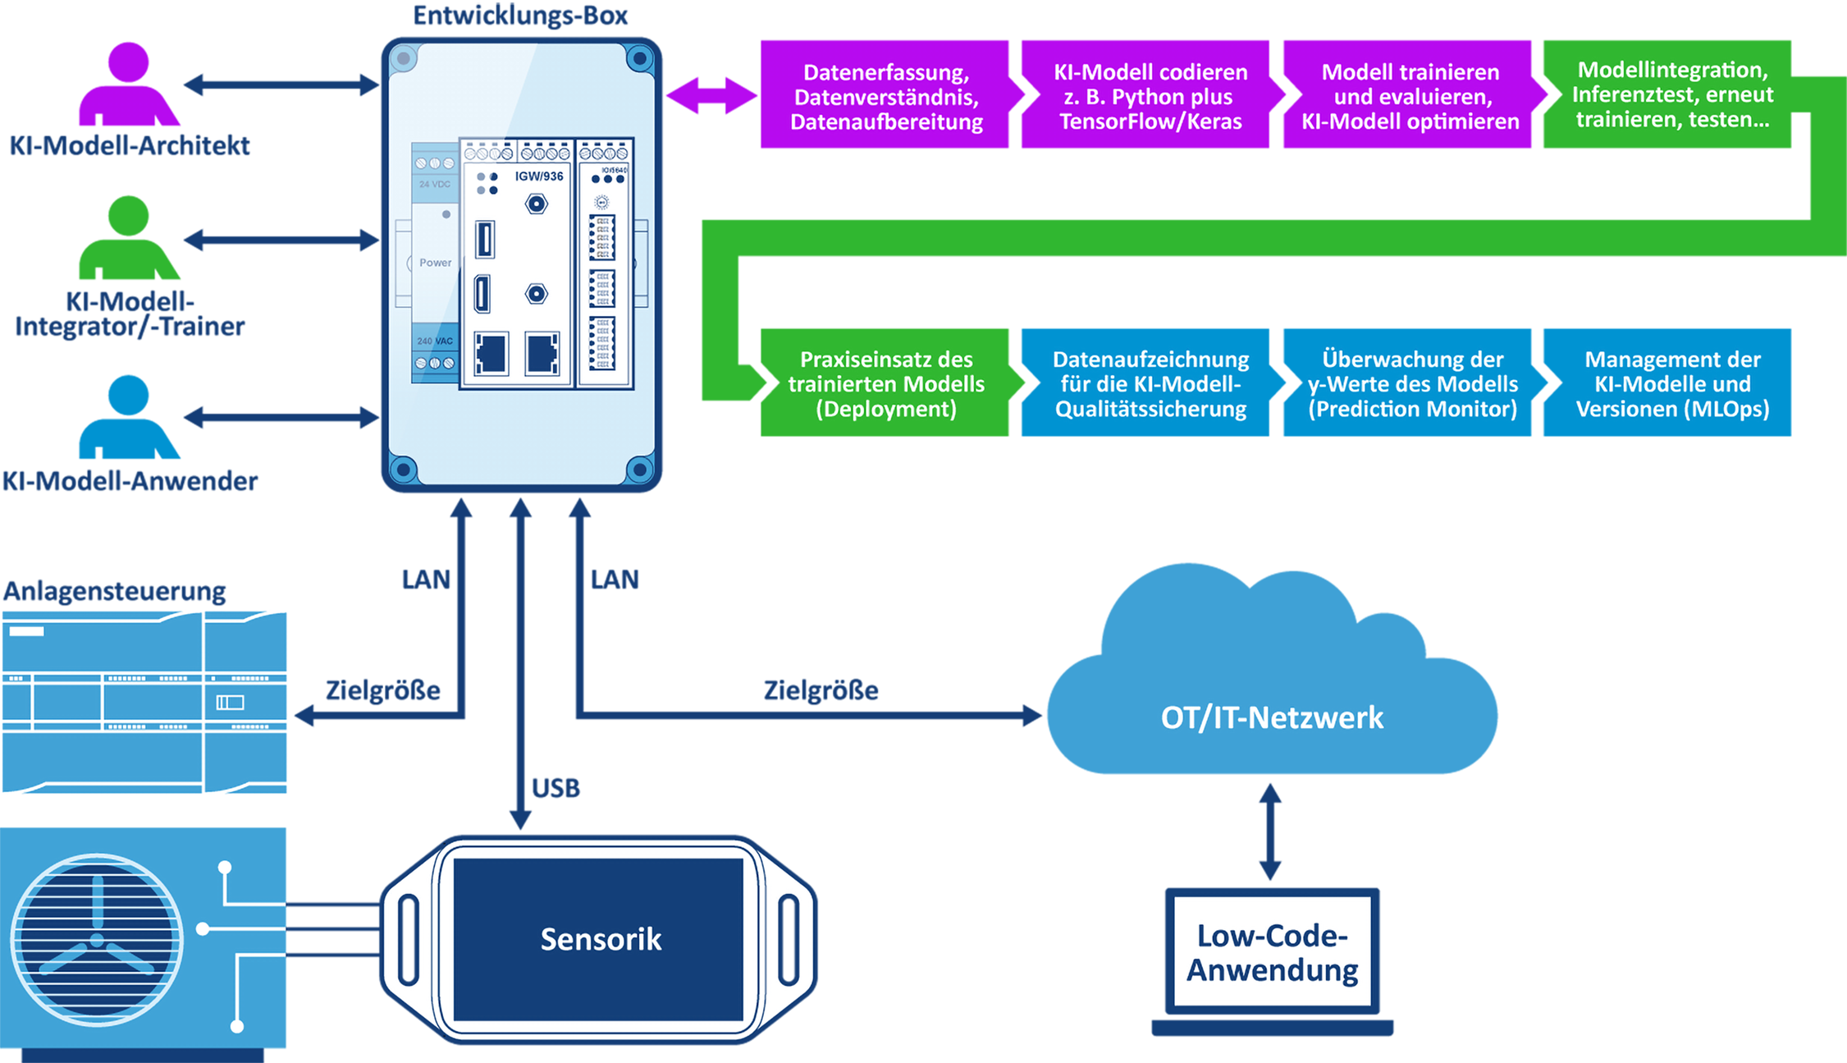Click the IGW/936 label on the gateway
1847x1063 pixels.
pyautogui.click(x=539, y=176)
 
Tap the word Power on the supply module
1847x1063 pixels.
pyautogui.click(x=435, y=263)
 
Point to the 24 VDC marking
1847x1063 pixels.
pyautogui.click(x=435, y=184)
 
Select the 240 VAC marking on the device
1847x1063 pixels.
pyautogui.click(x=435, y=341)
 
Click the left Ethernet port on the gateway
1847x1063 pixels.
pyautogui.click(x=491, y=354)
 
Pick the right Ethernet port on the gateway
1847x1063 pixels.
pyautogui.click(x=542, y=354)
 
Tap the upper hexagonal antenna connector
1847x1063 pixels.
pyautogui.click(x=536, y=204)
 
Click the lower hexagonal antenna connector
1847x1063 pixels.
pyautogui.click(x=536, y=293)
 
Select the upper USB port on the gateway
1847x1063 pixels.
pyautogui.click(x=485, y=240)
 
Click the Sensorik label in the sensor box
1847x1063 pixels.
pyautogui.click(x=601, y=939)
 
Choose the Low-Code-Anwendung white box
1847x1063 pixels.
pyautogui.click(x=1272, y=951)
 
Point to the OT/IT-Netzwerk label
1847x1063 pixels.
pyautogui.click(x=1272, y=718)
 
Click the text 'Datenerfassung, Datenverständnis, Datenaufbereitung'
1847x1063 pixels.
pyautogui.click(x=886, y=97)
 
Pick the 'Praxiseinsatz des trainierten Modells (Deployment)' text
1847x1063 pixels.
pyautogui.click(x=886, y=384)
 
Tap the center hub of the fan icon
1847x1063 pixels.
pyautogui.click(x=97, y=940)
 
